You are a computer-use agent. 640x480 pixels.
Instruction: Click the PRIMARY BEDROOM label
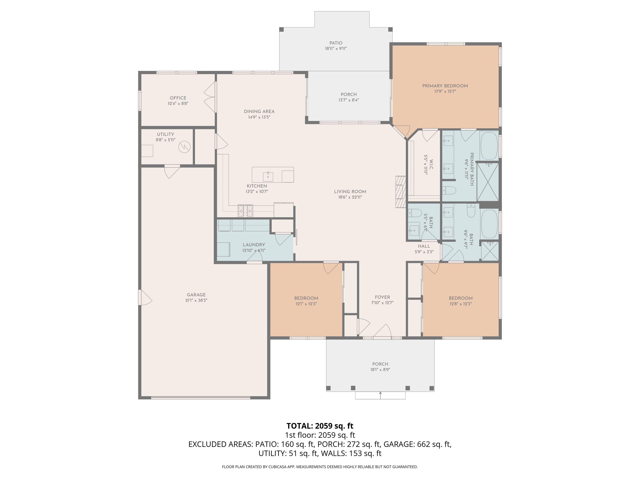point(445,86)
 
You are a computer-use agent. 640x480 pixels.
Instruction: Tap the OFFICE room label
point(178,98)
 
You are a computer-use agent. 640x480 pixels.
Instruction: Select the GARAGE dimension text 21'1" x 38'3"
point(196,300)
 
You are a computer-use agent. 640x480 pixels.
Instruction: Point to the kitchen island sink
point(268,175)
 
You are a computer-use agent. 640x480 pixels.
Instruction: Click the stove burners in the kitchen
point(245,211)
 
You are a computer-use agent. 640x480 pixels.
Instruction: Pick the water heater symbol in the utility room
point(184,147)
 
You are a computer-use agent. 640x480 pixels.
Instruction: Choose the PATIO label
point(336,43)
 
